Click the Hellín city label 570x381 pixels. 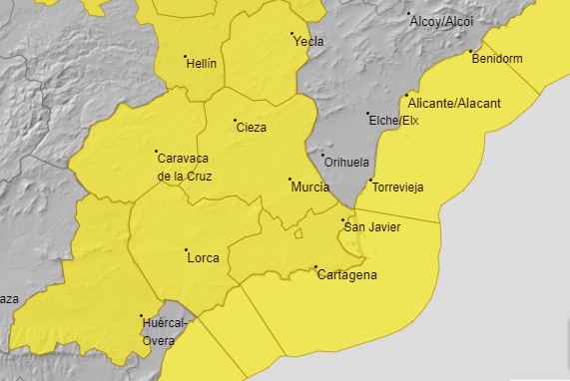tap(203, 62)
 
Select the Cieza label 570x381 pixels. tap(252, 128)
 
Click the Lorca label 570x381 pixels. tap(203, 257)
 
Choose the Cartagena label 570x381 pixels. tap(346, 276)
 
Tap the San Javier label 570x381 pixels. tap(371, 227)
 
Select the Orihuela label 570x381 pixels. tap(347, 163)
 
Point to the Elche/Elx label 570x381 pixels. tap(394, 122)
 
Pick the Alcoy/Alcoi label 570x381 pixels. tap(440, 21)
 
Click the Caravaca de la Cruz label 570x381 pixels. tap(185, 166)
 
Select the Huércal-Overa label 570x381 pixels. tap(166, 331)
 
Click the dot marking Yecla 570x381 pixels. tap(292, 35)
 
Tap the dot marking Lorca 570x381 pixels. tap(186, 249)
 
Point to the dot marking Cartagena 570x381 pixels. tap(316, 267)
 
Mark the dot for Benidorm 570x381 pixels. tap(469, 50)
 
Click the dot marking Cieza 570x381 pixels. tap(236, 122)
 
